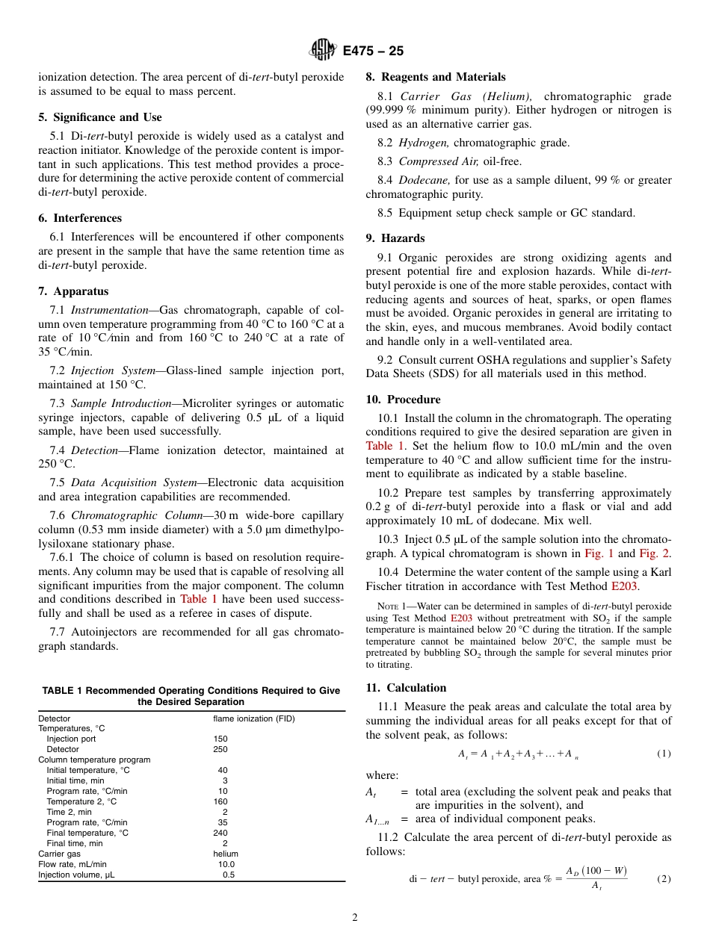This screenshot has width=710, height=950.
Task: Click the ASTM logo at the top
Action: pyautogui.click(x=323, y=50)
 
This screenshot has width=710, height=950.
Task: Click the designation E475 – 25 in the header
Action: pyautogui.click(x=373, y=51)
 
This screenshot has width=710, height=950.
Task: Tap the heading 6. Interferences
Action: pyautogui.click(x=80, y=218)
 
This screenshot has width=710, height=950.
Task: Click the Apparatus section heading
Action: pyautogui.click(x=73, y=291)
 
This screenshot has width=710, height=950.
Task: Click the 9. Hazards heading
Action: pyautogui.click(x=395, y=238)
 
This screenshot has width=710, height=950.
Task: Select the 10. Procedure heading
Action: pyautogui.click(x=403, y=400)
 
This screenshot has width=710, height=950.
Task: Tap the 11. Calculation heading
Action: pyautogui.click(x=406, y=688)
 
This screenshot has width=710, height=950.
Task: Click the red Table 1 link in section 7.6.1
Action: pyautogui.click(x=199, y=599)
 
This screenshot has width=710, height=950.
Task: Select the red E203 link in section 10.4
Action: pyautogui.click(x=624, y=586)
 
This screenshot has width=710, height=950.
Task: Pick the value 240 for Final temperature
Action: pyautogui.click(x=220, y=833)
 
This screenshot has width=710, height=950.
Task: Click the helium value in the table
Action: pyautogui.click(x=226, y=854)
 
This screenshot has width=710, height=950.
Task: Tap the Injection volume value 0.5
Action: pyautogui.click(x=228, y=875)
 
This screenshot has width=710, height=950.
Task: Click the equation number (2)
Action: pyautogui.click(x=664, y=879)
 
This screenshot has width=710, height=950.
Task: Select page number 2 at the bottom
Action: pyautogui.click(x=355, y=918)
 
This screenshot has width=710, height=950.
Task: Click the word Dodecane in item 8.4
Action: pyautogui.click(x=424, y=180)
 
